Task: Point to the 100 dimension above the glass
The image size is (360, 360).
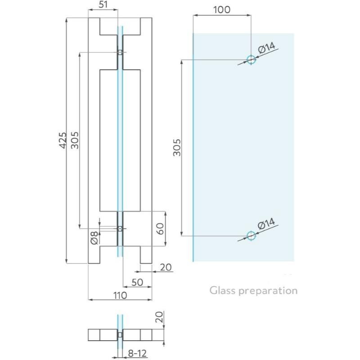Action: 221,9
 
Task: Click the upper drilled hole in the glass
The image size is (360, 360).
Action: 251,59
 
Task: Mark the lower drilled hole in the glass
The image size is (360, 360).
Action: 251,235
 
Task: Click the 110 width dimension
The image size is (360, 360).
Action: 119,295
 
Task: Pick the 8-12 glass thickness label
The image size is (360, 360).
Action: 136,354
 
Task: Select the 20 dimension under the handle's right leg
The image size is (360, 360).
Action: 166,267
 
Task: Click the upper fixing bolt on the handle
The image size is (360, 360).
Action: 120,53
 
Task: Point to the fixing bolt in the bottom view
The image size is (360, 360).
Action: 120,335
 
